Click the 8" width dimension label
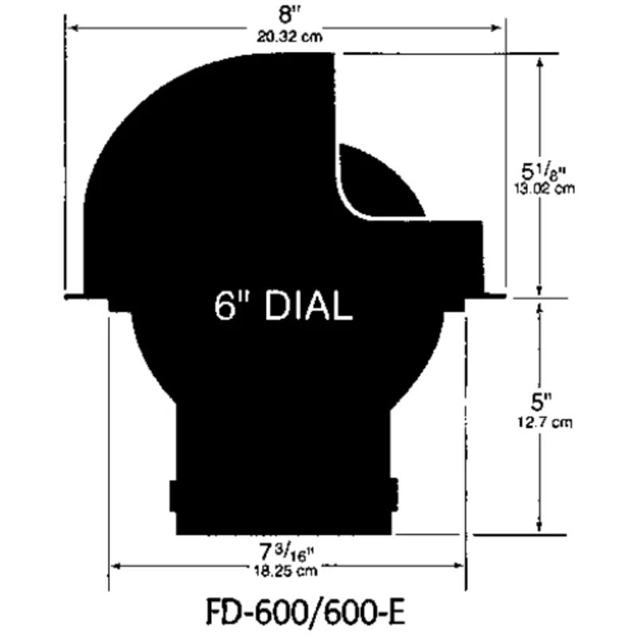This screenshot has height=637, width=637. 284,15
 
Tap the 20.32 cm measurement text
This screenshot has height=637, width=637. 284,36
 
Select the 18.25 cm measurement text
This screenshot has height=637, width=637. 285,571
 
